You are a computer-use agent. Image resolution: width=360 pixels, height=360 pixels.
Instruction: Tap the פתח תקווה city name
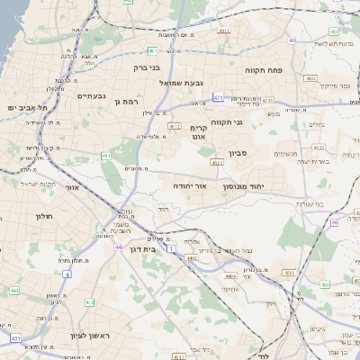pyautogui.click(x=263, y=68)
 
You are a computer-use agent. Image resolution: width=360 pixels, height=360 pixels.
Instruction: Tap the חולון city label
pyautogui.click(x=44, y=216)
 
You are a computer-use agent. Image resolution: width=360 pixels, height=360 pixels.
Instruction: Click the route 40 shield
pyautogui.click(x=292, y=40)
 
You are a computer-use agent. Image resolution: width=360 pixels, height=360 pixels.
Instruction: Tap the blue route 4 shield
pyautogui.click(x=67, y=274)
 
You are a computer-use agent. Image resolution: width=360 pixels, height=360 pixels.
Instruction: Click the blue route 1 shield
pyautogui.click(x=172, y=246)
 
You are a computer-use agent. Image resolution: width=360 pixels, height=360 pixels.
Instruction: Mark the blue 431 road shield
pyautogui.click(x=15, y=338)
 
